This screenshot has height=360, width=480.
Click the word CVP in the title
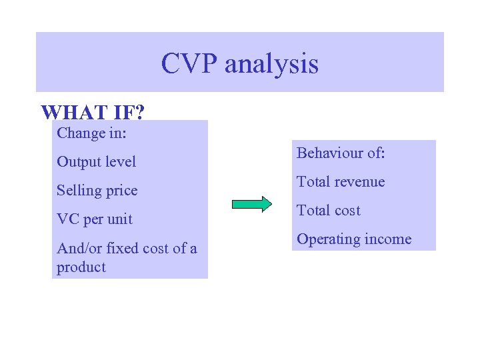tap(189, 64)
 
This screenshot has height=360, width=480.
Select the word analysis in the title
tap(271, 64)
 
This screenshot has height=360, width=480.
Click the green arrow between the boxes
tap(252, 204)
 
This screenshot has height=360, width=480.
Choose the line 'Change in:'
tap(92, 133)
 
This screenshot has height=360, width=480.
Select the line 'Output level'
tap(96, 162)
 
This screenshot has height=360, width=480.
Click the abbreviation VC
tap(68, 219)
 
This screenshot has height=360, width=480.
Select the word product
tap(81, 267)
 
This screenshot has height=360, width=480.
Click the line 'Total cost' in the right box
tap(328, 211)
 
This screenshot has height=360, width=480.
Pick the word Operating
tap(325, 239)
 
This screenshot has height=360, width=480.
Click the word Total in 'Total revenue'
tap(313, 182)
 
